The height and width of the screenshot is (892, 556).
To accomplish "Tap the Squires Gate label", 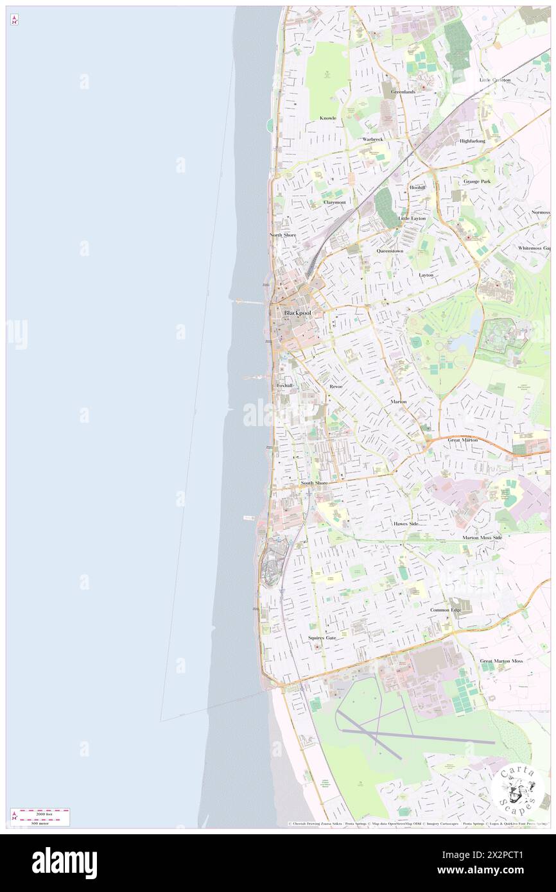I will (x=322, y=638).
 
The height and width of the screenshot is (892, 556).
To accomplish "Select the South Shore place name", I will (x=314, y=483).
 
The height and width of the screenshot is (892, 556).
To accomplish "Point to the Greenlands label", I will (x=403, y=92).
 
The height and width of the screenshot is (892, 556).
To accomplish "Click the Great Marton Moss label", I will (x=501, y=661).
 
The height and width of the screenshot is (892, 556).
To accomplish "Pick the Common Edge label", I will (x=446, y=610).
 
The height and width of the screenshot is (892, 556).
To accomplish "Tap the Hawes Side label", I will (x=406, y=524).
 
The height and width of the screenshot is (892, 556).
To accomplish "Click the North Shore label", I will (x=282, y=235).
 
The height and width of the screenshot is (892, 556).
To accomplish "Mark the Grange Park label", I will (x=477, y=182).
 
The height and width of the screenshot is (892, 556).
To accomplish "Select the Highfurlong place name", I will (x=473, y=141).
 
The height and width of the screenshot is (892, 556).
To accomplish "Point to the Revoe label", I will (x=336, y=387).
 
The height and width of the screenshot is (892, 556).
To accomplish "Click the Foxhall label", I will (x=284, y=385).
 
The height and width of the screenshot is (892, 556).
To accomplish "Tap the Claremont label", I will (x=334, y=202).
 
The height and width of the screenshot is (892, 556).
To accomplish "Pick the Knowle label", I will (x=328, y=118).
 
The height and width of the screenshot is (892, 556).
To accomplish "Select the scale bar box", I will (x=40, y=817).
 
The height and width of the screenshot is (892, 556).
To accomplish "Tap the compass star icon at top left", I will (x=14, y=20).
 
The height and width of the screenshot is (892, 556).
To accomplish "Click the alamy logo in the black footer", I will (x=64, y=863).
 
